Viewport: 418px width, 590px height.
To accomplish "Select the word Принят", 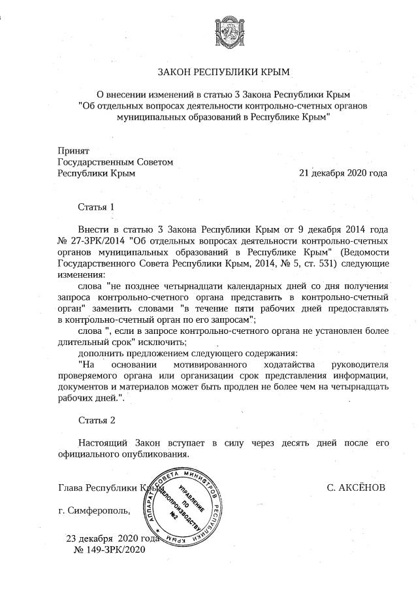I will point(73,150).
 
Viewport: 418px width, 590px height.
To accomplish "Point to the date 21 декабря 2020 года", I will point(342,174).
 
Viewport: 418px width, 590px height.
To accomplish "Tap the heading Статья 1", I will point(96,206).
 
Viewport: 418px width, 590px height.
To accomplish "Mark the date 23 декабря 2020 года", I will point(113,539).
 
